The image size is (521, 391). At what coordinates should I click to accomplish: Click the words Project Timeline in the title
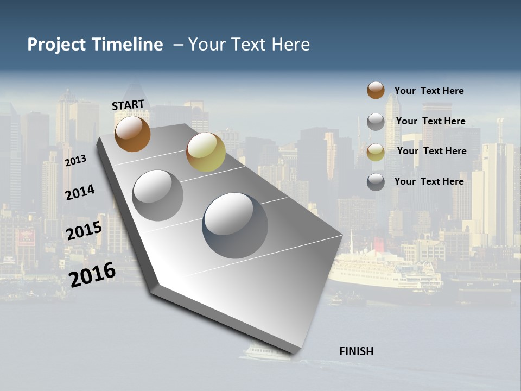point(95,45)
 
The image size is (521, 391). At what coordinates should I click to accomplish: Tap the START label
point(128,105)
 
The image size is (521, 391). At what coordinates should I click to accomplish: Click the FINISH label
point(357,351)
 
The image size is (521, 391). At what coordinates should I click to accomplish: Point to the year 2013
point(75,161)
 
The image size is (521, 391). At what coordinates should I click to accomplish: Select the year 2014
point(80,192)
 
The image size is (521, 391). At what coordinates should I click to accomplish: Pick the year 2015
point(84,231)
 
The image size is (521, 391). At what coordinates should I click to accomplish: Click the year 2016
point(92,274)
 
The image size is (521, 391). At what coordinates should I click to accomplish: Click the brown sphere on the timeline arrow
point(132,134)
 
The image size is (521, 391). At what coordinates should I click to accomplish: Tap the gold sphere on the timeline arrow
point(206,153)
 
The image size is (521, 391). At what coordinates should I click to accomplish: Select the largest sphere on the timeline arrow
point(235,225)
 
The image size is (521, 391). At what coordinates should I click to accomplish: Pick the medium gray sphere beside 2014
point(158,195)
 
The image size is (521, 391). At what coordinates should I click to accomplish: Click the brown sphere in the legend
point(376,91)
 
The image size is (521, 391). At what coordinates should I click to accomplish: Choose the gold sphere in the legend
point(376,152)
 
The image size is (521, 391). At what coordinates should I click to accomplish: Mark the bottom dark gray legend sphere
point(376,182)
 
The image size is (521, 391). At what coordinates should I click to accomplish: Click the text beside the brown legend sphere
point(429,91)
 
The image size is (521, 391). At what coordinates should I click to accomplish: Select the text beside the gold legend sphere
point(431,151)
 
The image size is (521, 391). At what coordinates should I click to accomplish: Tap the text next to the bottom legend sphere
point(429,181)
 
